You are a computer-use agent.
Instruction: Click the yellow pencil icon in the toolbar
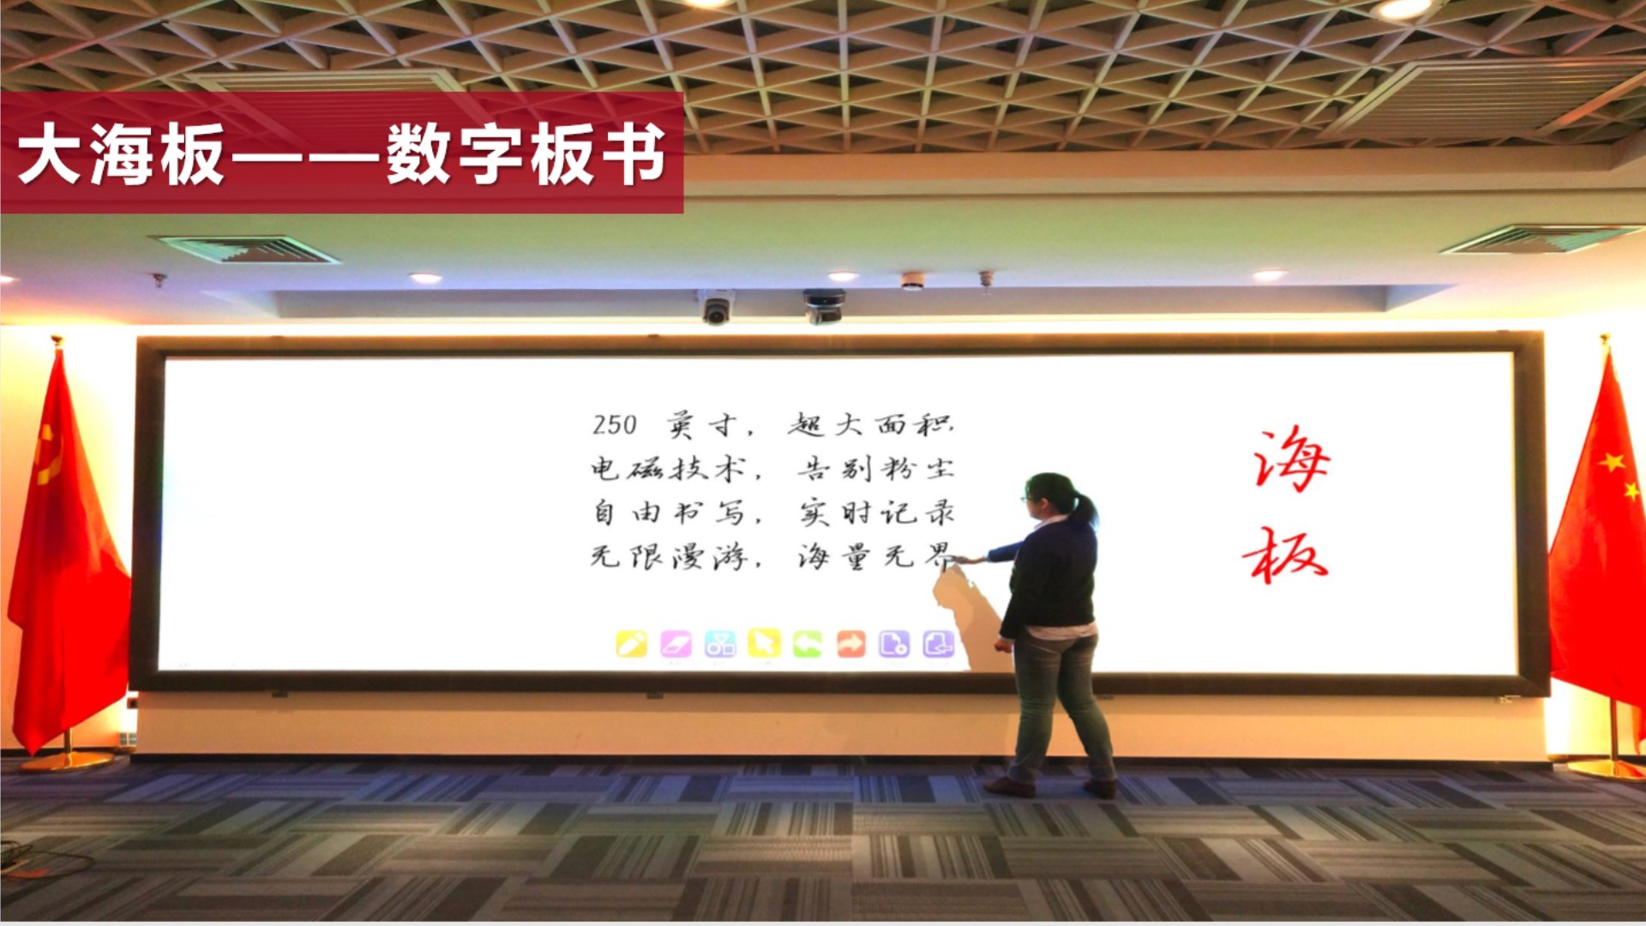(632, 644)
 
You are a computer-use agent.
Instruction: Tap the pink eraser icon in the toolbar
(676, 644)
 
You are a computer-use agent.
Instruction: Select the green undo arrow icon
(808, 644)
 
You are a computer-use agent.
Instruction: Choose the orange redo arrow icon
(851, 644)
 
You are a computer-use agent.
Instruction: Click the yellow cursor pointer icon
(764, 643)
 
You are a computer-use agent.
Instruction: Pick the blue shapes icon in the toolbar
(720, 644)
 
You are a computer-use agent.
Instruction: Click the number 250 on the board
(615, 425)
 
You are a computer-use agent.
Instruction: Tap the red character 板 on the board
(1285, 556)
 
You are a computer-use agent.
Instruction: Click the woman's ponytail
(1086, 510)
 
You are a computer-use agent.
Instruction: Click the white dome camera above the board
(716, 309)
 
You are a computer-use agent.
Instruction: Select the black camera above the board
(824, 307)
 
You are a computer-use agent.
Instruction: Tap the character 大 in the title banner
(49, 154)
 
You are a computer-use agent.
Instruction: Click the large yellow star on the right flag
(1612, 462)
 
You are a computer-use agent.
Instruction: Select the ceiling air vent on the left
(248, 250)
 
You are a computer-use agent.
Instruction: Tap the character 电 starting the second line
(604, 468)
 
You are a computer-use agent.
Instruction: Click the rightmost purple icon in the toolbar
(939, 644)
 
